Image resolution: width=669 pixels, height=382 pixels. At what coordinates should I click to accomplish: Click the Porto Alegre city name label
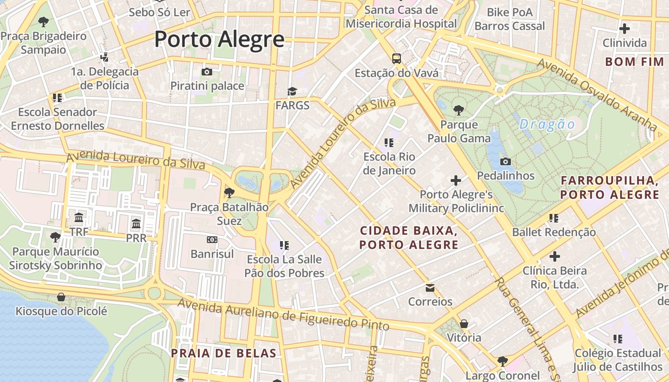(219, 39)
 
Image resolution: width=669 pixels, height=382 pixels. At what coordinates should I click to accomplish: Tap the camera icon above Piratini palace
(207, 72)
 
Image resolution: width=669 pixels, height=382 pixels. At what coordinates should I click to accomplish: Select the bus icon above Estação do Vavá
(397, 59)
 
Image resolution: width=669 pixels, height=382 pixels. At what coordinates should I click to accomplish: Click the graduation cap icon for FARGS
(292, 91)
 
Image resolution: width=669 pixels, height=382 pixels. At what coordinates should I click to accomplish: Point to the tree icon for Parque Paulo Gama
(459, 110)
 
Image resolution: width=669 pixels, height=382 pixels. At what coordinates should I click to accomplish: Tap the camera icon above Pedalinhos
(506, 161)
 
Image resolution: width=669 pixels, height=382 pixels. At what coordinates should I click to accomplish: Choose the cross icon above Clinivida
(624, 29)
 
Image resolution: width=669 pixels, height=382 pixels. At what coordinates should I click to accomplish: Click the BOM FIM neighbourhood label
(635, 62)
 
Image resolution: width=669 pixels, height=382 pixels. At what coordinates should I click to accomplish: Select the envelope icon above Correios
(430, 287)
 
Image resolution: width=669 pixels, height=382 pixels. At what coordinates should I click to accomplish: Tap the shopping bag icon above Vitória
(464, 324)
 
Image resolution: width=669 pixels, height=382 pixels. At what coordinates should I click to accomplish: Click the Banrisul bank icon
(212, 240)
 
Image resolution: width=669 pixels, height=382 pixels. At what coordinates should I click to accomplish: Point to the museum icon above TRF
(79, 218)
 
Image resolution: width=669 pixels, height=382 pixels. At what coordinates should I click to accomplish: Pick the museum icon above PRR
(136, 223)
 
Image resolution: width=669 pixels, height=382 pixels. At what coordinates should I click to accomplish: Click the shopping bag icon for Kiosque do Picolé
(61, 297)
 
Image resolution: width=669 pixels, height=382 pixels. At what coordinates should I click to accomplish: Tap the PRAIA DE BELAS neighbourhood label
(224, 353)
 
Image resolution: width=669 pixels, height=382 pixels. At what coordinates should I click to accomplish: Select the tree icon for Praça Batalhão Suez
(229, 193)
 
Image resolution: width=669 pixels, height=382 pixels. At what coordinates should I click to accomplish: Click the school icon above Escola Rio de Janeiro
(389, 142)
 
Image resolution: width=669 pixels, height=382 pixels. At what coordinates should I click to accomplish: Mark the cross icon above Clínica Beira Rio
(554, 256)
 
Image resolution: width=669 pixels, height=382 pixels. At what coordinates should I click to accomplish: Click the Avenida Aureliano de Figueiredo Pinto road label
(283, 314)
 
